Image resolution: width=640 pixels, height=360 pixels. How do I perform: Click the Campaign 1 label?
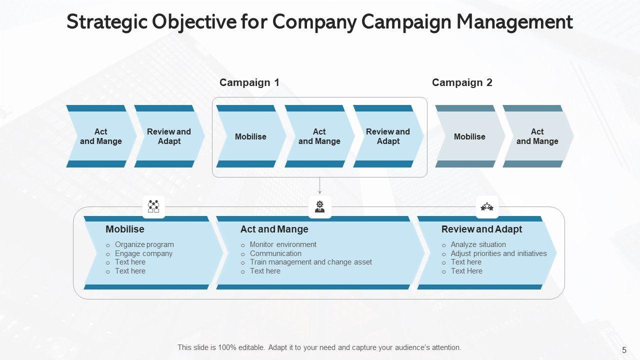(249, 82)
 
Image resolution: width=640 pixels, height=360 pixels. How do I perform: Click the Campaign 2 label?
(462, 82)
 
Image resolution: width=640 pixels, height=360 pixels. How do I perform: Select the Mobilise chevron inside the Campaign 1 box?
(250, 136)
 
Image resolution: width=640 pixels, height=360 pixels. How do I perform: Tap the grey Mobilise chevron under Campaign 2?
(469, 136)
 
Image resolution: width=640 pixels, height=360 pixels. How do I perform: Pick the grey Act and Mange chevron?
(537, 136)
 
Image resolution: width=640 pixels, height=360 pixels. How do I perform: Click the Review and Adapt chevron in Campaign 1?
(387, 136)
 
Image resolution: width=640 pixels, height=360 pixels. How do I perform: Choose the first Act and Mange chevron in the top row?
(100, 136)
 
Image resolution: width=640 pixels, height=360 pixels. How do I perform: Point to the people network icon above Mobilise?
(153, 206)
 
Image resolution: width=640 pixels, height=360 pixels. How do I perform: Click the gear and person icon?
(320, 206)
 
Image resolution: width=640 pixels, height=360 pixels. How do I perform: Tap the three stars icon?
(487, 206)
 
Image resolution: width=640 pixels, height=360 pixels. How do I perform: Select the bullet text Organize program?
(144, 244)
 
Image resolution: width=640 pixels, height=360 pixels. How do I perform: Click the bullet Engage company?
(143, 253)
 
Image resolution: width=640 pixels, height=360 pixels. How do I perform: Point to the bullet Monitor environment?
(283, 244)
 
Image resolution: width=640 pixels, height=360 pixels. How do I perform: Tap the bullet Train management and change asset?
(310, 262)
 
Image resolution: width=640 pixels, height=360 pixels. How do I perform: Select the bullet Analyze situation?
(478, 244)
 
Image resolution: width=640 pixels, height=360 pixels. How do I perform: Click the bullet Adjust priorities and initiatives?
(498, 253)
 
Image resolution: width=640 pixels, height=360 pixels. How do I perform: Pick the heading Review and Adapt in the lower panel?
(481, 229)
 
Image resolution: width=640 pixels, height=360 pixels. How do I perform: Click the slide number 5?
(624, 350)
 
